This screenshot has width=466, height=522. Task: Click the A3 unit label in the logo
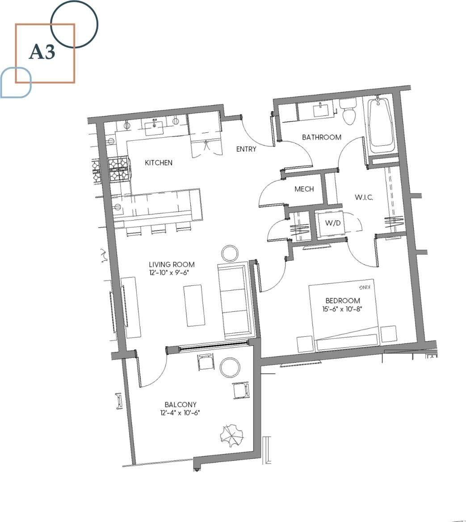pyautogui.click(x=42, y=52)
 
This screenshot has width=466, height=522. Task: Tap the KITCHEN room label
pyautogui.click(x=159, y=163)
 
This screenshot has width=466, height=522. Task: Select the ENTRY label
pyautogui.click(x=246, y=149)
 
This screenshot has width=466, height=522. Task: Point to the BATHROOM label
pyautogui.click(x=322, y=137)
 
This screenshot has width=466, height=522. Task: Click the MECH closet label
pyautogui.click(x=304, y=189)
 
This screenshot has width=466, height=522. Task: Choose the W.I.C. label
pyautogui.click(x=364, y=197)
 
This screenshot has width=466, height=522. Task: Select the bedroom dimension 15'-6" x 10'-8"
pyautogui.click(x=343, y=308)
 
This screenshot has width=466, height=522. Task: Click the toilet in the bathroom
pyautogui.click(x=348, y=113)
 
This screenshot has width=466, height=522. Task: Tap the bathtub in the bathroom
pyautogui.click(x=381, y=124)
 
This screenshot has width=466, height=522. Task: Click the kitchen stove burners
pyautogui.click(x=118, y=170)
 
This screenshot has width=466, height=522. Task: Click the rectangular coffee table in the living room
pyautogui.click(x=194, y=306)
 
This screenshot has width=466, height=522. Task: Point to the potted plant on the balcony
pyautogui.click(x=232, y=434)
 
